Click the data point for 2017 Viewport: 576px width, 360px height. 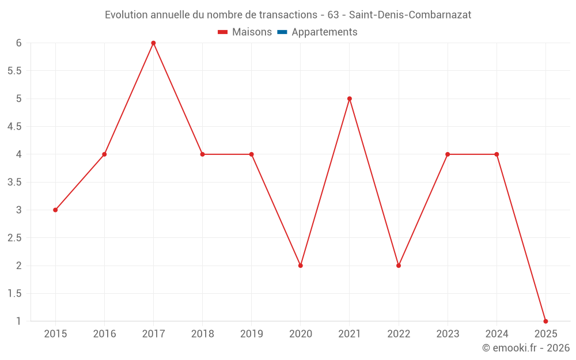(x=153, y=43)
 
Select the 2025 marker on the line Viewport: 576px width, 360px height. (x=545, y=321)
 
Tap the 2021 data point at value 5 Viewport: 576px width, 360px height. (x=350, y=98)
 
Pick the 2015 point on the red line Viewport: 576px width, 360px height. (x=55, y=210)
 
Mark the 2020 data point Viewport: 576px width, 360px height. (x=301, y=266)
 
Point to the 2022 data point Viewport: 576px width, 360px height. (x=399, y=266)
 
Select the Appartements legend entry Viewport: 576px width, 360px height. (x=324, y=32)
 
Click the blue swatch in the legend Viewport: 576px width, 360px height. (x=282, y=32)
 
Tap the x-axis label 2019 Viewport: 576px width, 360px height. (x=252, y=334)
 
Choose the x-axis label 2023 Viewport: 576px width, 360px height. (x=448, y=334)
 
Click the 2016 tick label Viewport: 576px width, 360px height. (x=104, y=334)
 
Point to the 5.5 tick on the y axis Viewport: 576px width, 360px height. (x=14, y=71)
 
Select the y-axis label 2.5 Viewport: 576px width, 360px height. (x=14, y=238)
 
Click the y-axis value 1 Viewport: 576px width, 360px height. (x=19, y=321)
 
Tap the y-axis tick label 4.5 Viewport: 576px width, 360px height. (x=14, y=127)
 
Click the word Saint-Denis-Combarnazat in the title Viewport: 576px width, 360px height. (x=410, y=15)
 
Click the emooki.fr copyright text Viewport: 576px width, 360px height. (x=526, y=348)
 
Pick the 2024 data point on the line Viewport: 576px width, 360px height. (x=497, y=154)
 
